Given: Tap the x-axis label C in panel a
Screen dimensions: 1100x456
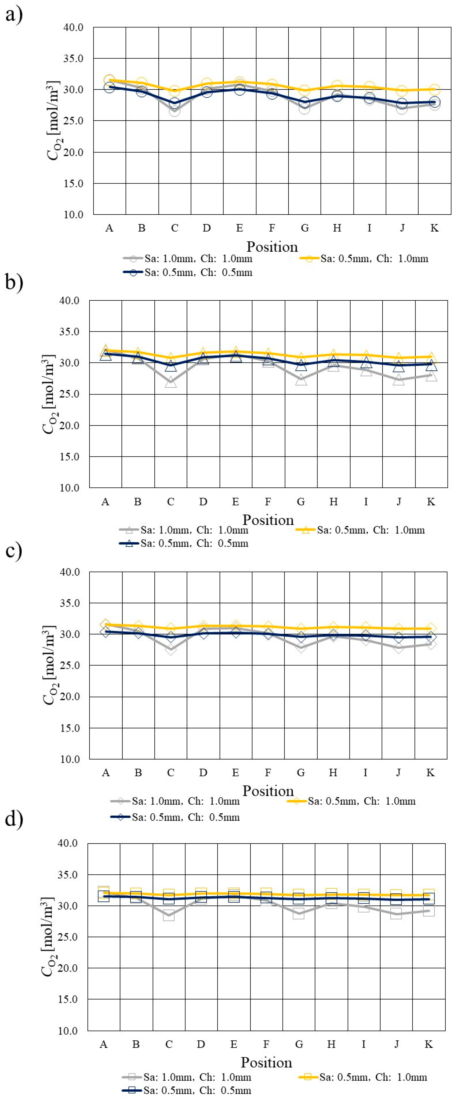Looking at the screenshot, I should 174,228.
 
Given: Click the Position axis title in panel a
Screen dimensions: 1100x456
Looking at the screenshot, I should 272,247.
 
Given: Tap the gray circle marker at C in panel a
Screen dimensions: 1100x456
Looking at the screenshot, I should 174,111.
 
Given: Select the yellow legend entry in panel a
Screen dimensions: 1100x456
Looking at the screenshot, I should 363,258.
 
